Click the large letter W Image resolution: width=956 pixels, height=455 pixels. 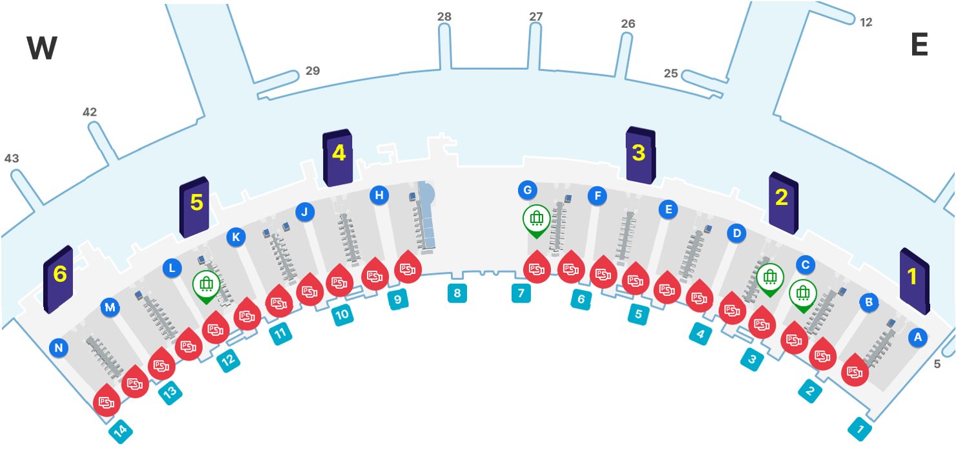42,48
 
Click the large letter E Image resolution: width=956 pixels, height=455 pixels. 919,45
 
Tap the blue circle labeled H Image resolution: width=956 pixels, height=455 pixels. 379,195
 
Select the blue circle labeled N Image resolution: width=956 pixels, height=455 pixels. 59,349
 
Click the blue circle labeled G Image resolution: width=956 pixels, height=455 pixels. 528,190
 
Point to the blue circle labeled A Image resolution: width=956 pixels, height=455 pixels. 917,337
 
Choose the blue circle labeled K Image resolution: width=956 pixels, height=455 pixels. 236,237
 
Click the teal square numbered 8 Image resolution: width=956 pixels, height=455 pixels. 457,293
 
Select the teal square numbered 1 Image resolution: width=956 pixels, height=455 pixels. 860,429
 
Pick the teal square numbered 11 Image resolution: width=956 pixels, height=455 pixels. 280,334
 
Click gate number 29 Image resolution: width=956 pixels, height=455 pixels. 313,71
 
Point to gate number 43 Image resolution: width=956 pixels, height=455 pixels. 12,158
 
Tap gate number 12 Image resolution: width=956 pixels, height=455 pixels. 866,23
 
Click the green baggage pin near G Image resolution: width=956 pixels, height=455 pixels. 536,220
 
